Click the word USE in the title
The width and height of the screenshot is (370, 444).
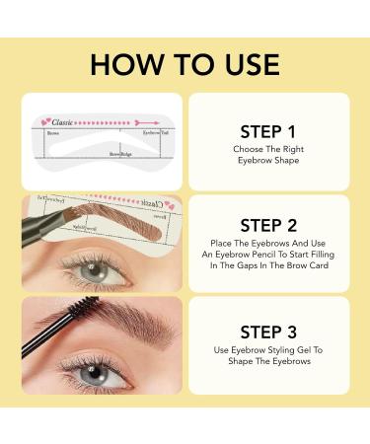(x=248, y=64)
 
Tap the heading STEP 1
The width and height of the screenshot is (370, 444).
(x=267, y=130)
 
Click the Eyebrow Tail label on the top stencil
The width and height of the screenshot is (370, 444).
(x=150, y=131)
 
